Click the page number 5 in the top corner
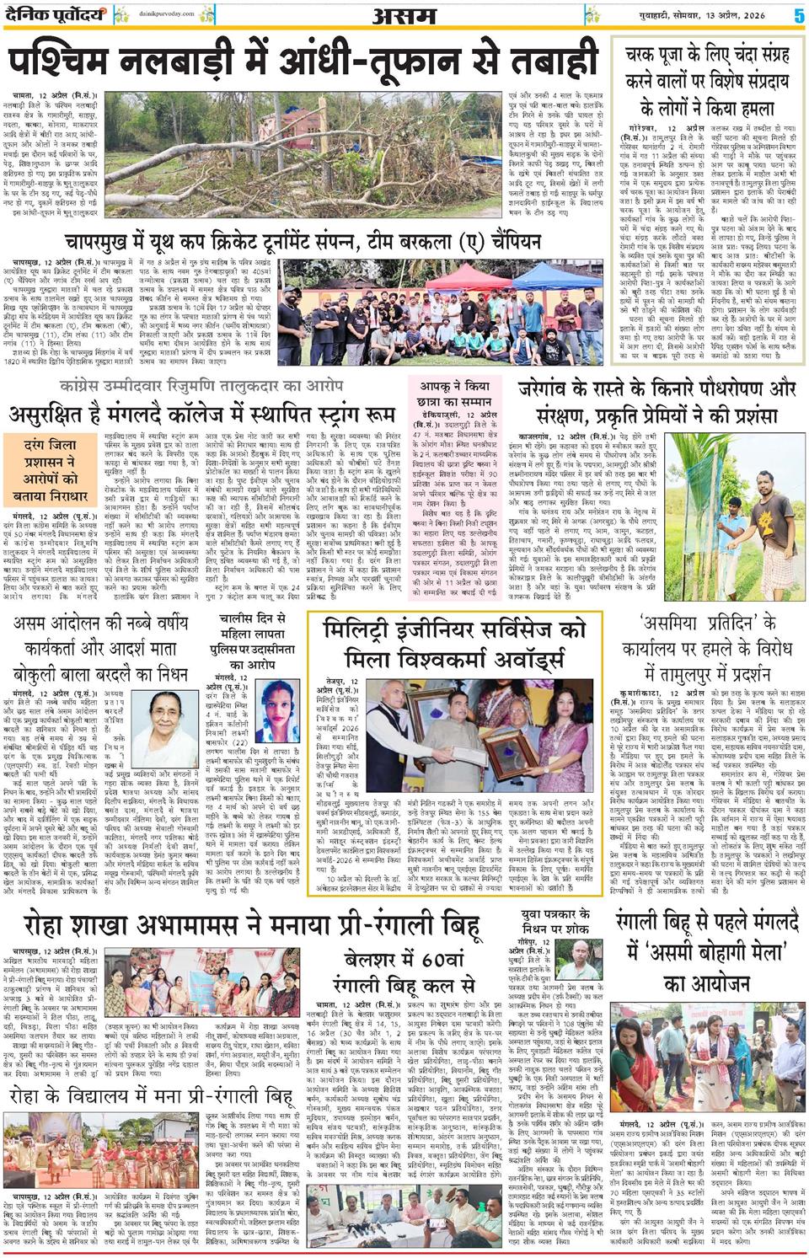[798, 14]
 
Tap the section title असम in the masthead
[405, 14]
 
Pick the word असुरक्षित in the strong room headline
[51, 415]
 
